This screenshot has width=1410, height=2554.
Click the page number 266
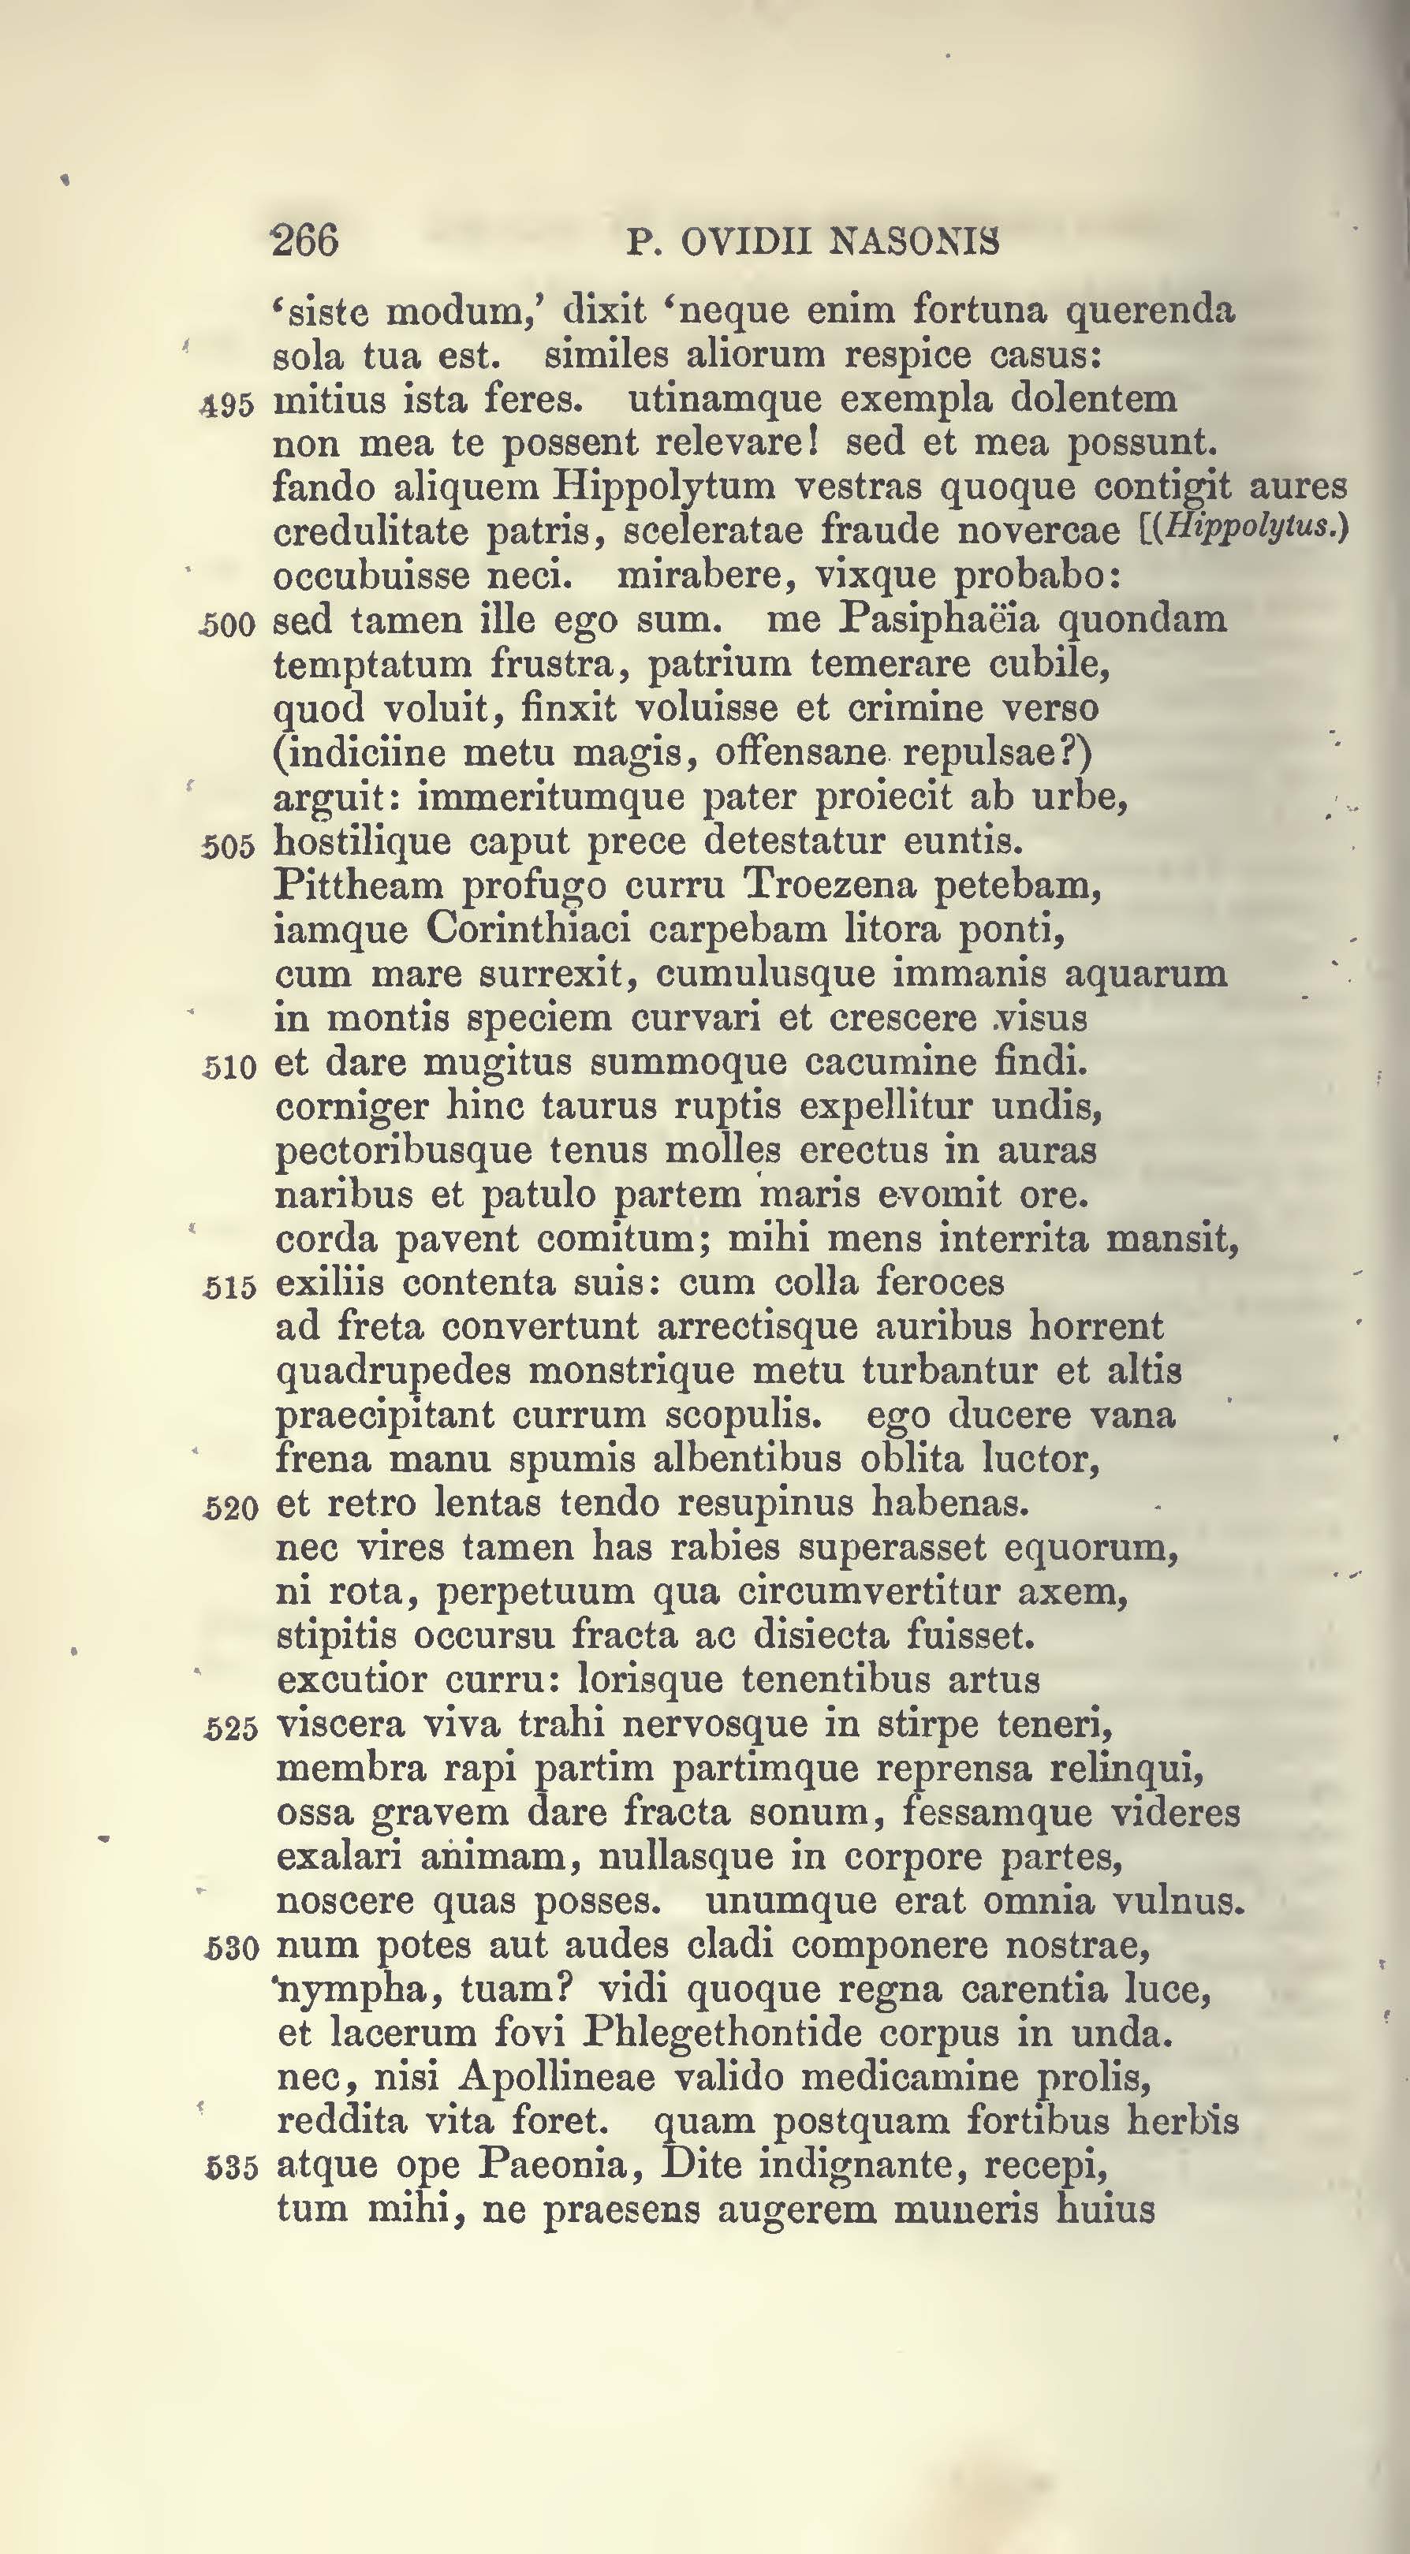tap(304, 241)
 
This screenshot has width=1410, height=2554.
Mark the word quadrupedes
tap(393, 1372)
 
